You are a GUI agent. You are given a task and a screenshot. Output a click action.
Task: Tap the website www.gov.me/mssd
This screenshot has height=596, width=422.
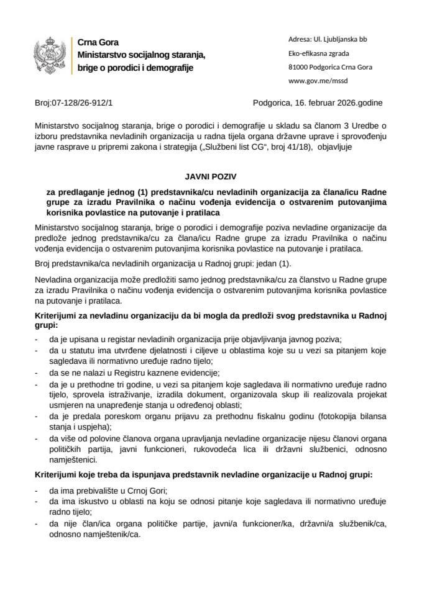pyautogui.click(x=318, y=80)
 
